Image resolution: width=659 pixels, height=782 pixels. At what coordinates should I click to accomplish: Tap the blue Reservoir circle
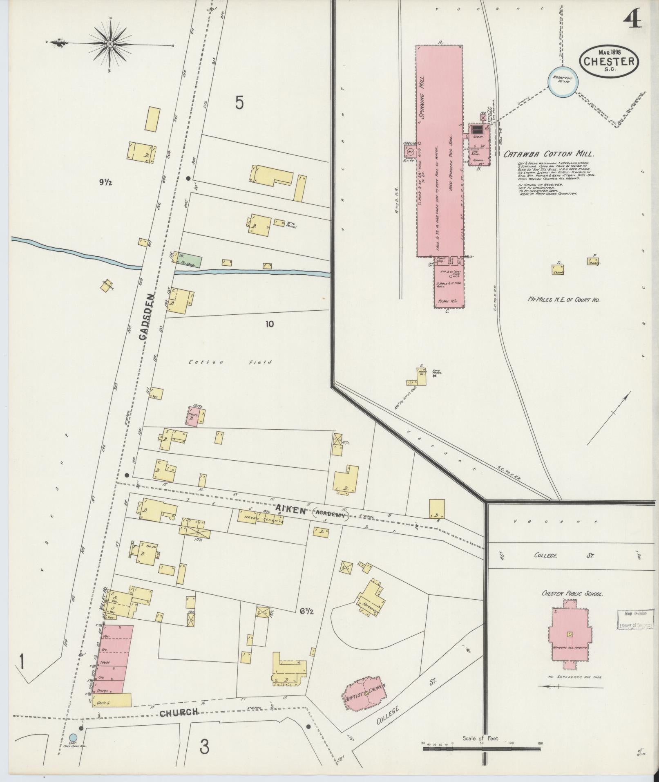563,81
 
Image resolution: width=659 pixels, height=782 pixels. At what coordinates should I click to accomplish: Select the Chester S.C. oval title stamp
608,60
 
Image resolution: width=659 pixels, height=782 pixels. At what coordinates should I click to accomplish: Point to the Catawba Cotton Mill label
548,154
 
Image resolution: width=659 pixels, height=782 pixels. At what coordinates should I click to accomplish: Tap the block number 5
239,103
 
